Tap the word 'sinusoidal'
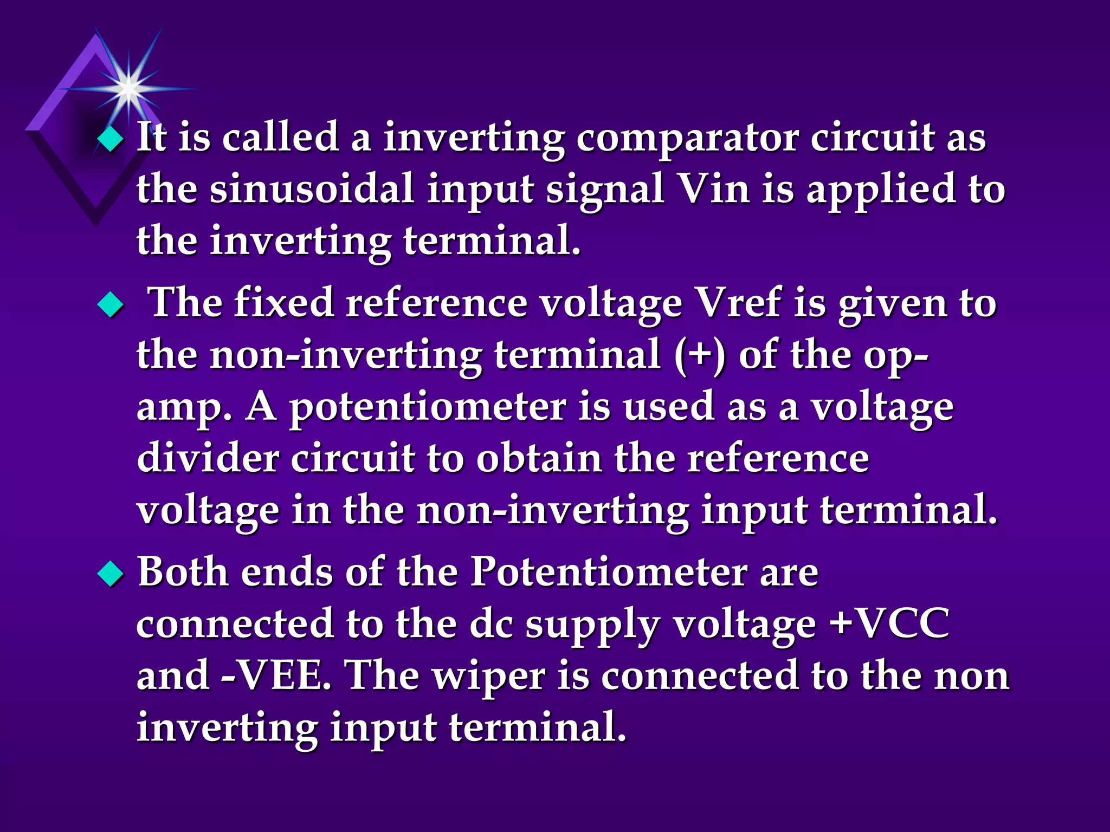[x=312, y=189]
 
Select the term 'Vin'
[x=714, y=189]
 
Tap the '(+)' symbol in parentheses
[x=700, y=356]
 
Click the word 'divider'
[x=206, y=458]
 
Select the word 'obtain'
[x=539, y=458]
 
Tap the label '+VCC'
[x=889, y=623]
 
